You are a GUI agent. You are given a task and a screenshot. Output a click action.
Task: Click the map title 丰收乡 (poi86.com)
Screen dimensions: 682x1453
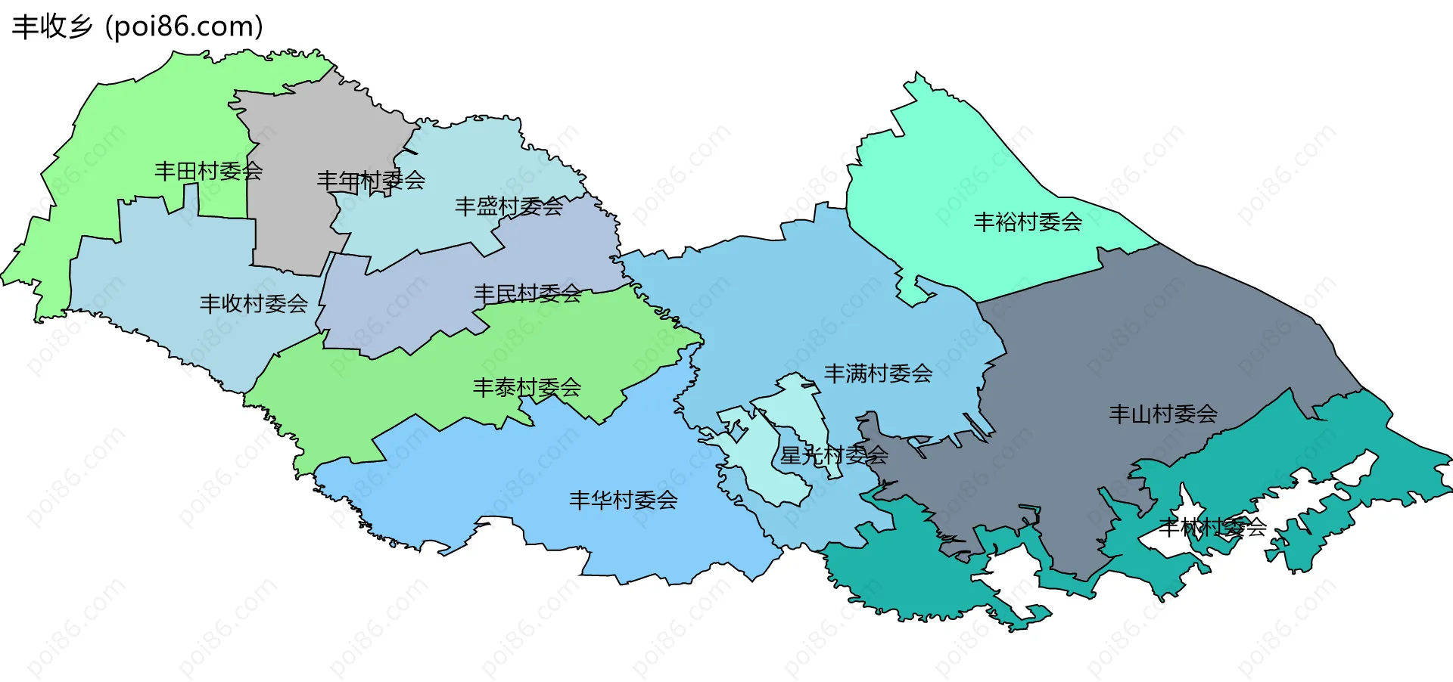[x=138, y=26]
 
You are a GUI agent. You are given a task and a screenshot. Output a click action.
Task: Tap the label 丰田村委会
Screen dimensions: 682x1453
[x=208, y=172]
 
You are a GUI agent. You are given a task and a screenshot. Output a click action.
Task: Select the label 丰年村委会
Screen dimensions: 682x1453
[x=370, y=181]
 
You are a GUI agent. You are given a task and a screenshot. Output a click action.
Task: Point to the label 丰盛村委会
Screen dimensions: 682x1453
[x=509, y=206]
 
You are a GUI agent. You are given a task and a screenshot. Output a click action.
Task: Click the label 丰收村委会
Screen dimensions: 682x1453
[x=254, y=304]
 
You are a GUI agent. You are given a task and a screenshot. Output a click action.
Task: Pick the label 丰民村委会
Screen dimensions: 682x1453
[x=527, y=293]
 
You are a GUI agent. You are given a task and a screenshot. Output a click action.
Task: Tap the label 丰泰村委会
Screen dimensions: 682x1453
[x=527, y=388]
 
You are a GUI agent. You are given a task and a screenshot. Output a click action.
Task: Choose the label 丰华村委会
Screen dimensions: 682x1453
[x=623, y=500]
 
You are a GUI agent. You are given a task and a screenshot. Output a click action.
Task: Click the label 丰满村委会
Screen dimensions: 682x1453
[x=878, y=374]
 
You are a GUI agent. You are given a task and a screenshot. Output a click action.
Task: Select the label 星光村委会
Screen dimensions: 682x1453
[x=834, y=455]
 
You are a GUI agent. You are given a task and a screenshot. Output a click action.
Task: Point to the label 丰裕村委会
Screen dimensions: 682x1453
[x=1027, y=222]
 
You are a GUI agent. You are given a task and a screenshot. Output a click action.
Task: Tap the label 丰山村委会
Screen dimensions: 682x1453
[x=1162, y=414]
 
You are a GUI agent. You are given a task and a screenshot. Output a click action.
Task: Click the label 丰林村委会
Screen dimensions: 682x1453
[x=1212, y=527]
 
